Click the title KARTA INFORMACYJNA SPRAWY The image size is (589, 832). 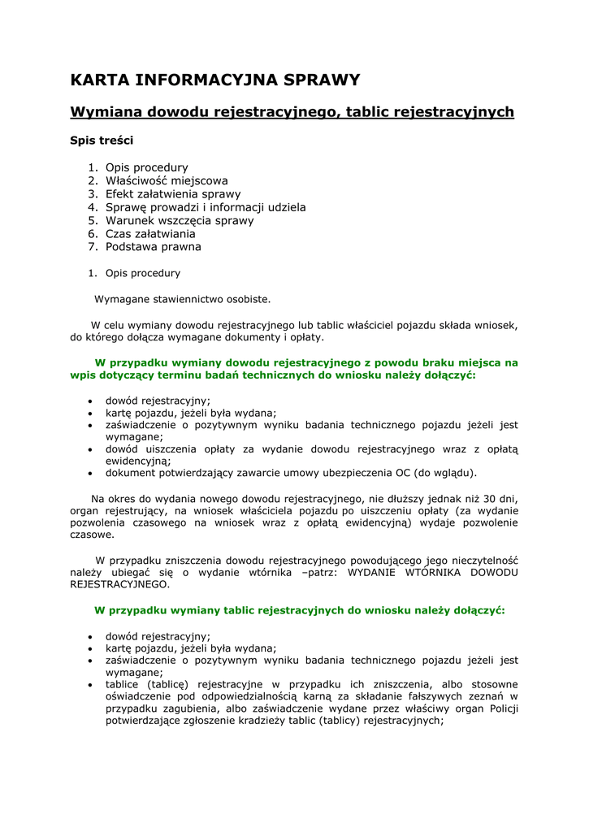point(215,80)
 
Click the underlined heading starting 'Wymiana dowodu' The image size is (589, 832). point(292,112)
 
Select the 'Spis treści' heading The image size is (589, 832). point(102,140)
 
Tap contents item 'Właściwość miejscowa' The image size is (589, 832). point(167,180)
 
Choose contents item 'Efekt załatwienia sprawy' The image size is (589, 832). point(173,194)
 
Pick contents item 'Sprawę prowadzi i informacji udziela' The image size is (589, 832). point(206,207)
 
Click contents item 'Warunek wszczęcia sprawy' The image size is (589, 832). point(180,220)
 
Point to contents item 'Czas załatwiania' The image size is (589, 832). point(150,233)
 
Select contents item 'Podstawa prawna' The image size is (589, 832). point(154,246)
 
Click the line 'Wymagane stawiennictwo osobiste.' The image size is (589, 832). point(183,299)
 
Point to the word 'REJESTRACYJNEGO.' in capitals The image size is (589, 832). point(120,583)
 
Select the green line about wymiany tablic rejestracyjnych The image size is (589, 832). point(300,609)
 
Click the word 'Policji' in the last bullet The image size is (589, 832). point(502,708)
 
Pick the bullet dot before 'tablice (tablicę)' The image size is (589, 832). point(89,685)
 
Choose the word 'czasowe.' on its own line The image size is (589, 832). point(92,535)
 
